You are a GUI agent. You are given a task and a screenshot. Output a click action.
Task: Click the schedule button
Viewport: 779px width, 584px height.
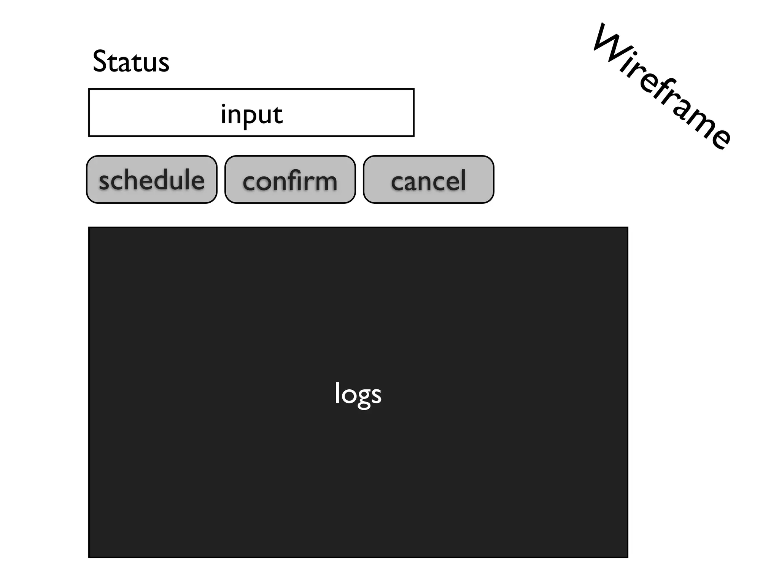point(151,179)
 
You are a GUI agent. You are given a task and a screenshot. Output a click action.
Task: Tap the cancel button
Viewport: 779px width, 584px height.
point(428,179)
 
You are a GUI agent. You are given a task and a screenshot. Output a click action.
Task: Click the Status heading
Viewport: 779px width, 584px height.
point(131,62)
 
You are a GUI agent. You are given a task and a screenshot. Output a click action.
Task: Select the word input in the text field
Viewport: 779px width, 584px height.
point(251,114)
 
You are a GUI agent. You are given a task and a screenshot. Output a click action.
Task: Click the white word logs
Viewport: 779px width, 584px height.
point(358,394)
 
